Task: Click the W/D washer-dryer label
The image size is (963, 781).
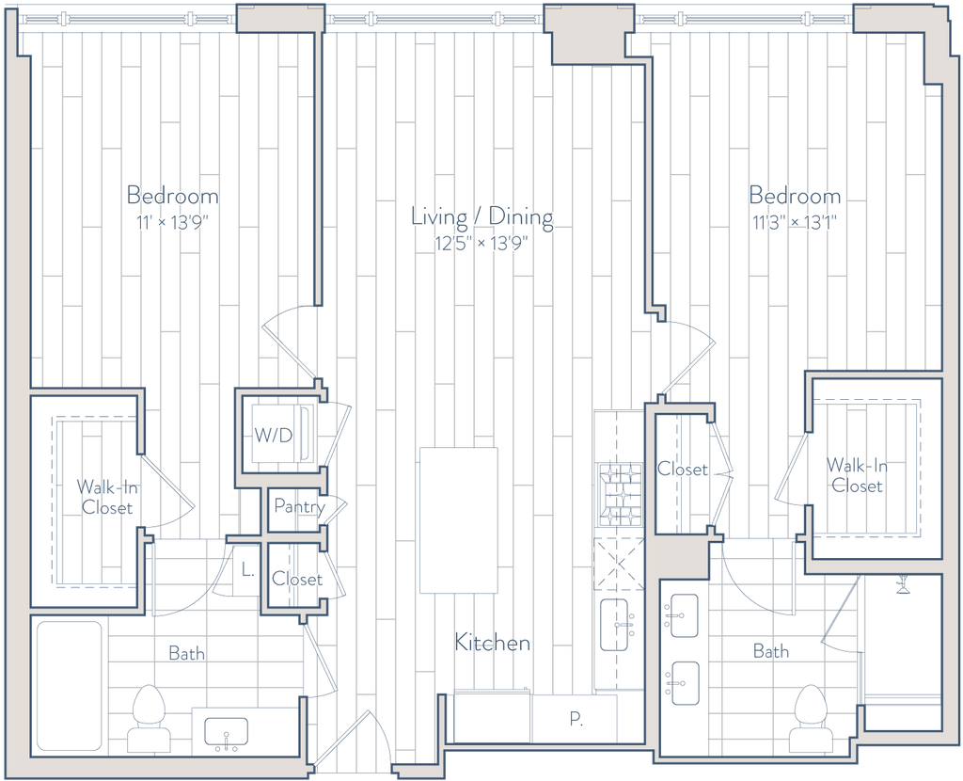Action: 274,436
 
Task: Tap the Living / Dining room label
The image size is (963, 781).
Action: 482,218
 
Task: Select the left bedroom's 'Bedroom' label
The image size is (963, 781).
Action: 172,197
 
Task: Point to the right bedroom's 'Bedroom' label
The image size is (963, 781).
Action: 796,197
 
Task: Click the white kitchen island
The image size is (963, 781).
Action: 458,519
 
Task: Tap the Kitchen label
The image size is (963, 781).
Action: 493,645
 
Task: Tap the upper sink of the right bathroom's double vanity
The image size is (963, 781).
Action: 680,616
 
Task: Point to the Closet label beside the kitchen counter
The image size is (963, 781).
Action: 683,470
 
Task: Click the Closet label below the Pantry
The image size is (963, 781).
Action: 296,579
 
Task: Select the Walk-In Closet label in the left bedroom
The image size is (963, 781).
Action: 107,497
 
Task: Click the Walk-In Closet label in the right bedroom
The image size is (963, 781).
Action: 856,475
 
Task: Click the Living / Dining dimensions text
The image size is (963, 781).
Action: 482,243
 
